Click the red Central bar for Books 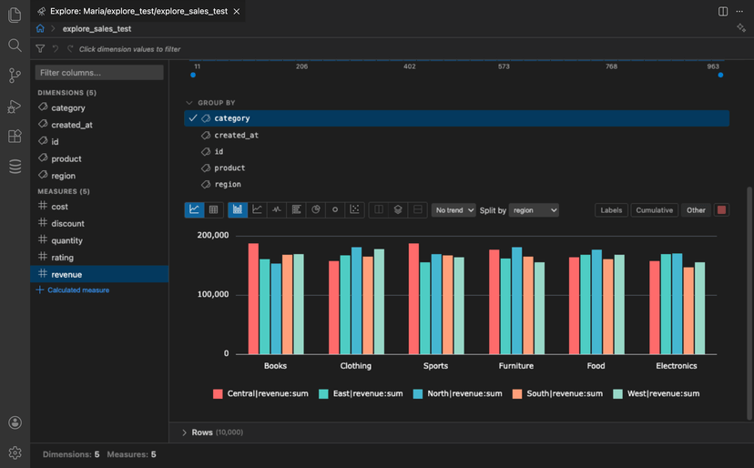253,299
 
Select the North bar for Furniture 517,300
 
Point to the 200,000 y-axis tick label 213,235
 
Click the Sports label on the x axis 435,366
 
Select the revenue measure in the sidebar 66,274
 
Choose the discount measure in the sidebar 68,223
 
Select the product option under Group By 229,168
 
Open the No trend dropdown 453,209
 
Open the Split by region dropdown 534,209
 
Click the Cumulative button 654,209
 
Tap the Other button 696,209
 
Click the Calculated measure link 77,290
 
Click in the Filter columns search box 99,72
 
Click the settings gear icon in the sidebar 15,453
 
